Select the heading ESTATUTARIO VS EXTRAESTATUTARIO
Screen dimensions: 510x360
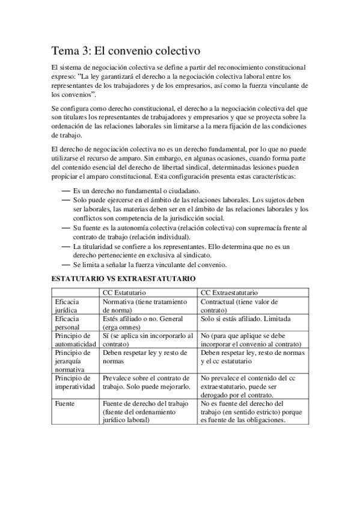coord(123,279)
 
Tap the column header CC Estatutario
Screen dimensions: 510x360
coord(123,292)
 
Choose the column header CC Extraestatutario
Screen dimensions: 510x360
coord(229,292)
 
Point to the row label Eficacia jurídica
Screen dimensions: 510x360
coord(67,306)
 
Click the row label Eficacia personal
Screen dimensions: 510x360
coord(67,323)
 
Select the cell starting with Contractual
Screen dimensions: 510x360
coord(238,306)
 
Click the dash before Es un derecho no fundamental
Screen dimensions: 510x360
coord(66,191)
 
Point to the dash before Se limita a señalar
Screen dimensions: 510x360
coord(66,265)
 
